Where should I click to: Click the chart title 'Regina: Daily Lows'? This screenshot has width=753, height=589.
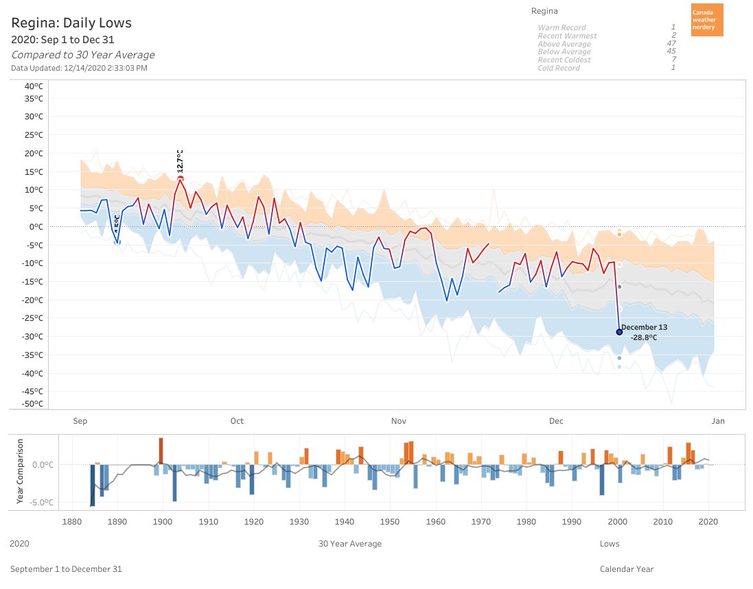point(71,23)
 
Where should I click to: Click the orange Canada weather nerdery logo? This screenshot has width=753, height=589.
point(706,20)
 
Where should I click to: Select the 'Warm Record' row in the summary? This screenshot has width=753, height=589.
point(561,27)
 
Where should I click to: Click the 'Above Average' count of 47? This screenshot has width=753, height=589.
point(671,44)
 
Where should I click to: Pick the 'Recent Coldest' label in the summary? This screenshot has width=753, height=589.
point(564,60)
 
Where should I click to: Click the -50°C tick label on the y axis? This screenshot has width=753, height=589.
point(32,404)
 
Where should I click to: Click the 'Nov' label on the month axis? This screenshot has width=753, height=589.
point(397,421)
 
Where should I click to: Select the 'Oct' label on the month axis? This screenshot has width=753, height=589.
point(237,421)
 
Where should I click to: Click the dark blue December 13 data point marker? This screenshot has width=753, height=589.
point(619,332)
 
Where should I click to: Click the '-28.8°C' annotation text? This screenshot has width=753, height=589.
point(644,337)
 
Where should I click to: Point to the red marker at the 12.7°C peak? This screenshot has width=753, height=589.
point(181,178)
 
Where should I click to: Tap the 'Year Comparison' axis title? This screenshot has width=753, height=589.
point(20,471)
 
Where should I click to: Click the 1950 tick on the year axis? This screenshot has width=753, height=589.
point(390,521)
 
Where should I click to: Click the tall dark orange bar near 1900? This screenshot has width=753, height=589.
point(161,450)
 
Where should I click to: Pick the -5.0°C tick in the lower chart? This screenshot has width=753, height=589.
point(38,503)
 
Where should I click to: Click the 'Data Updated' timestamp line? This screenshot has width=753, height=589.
point(79,68)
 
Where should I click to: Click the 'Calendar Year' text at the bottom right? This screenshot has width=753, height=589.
point(627,569)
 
